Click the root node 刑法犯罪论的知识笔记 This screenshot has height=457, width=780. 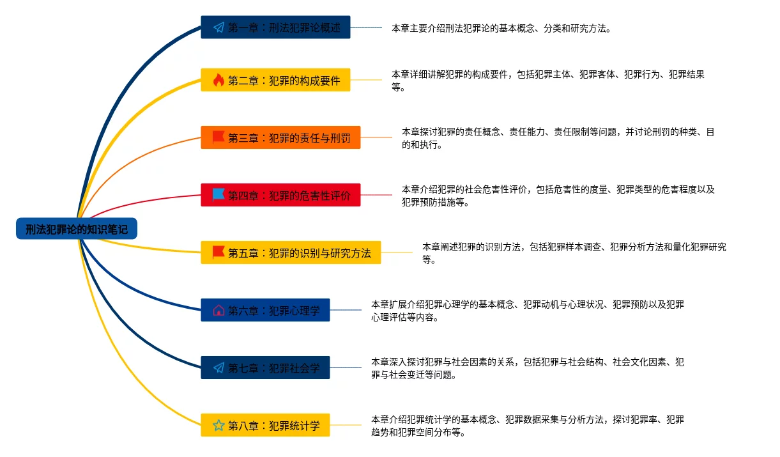click(x=77, y=228)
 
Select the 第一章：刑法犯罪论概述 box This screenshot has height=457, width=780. click(x=275, y=27)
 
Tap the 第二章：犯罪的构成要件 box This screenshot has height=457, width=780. click(x=275, y=80)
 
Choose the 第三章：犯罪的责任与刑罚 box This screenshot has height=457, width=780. click(x=280, y=137)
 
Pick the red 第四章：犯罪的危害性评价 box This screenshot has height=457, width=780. click(x=280, y=195)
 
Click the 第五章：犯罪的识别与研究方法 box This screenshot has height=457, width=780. click(x=291, y=252)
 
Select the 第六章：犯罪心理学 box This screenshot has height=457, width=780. click(x=265, y=310)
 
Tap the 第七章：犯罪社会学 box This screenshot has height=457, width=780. click(x=265, y=368)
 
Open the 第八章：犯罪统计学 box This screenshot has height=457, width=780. click(x=265, y=425)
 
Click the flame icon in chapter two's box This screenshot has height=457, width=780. click(x=218, y=80)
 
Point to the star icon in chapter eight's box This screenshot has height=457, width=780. click(x=218, y=425)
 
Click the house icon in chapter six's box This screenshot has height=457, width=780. click(x=218, y=310)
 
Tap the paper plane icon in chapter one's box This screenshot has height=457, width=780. click(x=218, y=27)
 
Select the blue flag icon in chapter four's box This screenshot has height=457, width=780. click(x=218, y=194)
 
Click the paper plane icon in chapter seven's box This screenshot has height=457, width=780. click(x=218, y=368)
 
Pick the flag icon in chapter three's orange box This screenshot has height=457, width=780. click(x=218, y=137)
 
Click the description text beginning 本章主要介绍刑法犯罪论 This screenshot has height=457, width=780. click(x=501, y=28)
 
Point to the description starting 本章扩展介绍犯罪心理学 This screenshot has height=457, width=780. click(x=527, y=311)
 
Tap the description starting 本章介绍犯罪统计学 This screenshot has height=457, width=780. click(x=527, y=426)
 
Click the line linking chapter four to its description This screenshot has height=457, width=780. click(x=376, y=195)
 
